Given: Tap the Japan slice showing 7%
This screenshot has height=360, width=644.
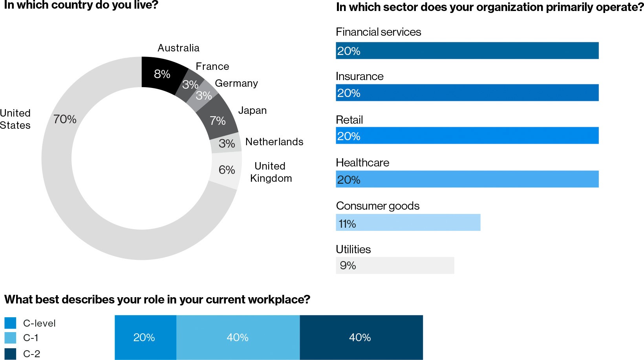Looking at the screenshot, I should (x=218, y=119).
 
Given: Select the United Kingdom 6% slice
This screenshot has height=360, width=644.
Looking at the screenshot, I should (x=227, y=170).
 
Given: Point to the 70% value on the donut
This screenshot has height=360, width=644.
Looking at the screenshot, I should (x=65, y=119).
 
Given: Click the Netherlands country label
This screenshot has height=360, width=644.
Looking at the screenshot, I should (x=274, y=142).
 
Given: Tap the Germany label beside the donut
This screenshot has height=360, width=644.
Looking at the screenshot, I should (x=236, y=83).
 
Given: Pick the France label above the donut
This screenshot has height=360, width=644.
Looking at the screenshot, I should (x=212, y=66).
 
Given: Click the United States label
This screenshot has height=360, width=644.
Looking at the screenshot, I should (x=15, y=119).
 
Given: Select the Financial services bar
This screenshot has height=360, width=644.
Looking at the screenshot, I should (x=467, y=51).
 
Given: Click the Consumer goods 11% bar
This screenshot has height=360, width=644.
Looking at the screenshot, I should (x=408, y=223).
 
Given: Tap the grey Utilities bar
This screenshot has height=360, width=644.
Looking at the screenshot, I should (x=395, y=265).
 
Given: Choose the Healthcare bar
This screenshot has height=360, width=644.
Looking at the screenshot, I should (x=467, y=179).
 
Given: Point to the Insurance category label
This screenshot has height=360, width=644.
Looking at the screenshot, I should (x=359, y=76).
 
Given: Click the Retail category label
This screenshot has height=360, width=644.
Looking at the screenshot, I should (x=349, y=120).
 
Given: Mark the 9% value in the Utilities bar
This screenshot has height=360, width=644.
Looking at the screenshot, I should (x=348, y=265).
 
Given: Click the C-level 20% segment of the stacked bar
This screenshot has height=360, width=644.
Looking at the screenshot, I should (x=145, y=337).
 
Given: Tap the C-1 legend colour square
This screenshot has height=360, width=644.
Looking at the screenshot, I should (x=10, y=338).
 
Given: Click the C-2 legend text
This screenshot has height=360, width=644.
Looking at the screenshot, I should (x=31, y=354).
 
